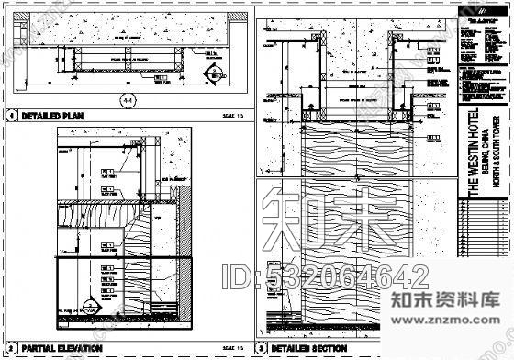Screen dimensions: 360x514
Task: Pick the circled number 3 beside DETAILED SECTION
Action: point(262,349)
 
